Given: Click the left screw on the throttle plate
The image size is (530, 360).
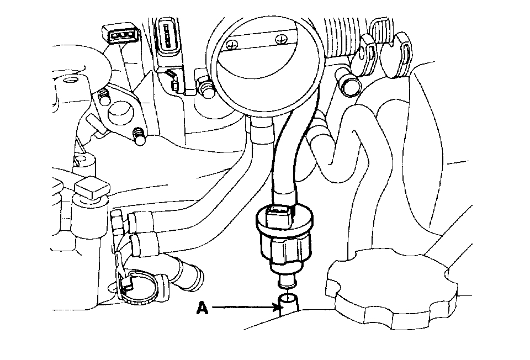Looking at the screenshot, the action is click(x=235, y=43).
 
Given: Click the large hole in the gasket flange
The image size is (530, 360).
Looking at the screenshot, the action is click(x=118, y=113).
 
